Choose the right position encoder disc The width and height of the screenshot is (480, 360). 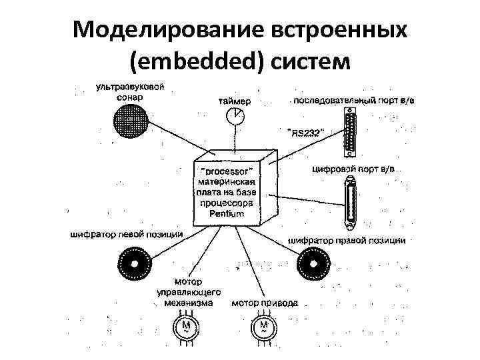[x=313, y=263]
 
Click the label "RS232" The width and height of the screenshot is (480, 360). [x=305, y=133]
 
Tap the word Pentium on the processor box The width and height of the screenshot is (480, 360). [x=227, y=214]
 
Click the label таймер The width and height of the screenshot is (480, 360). [x=235, y=101]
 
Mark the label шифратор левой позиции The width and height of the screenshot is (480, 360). [x=125, y=235]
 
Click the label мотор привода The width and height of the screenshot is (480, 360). [x=265, y=303]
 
